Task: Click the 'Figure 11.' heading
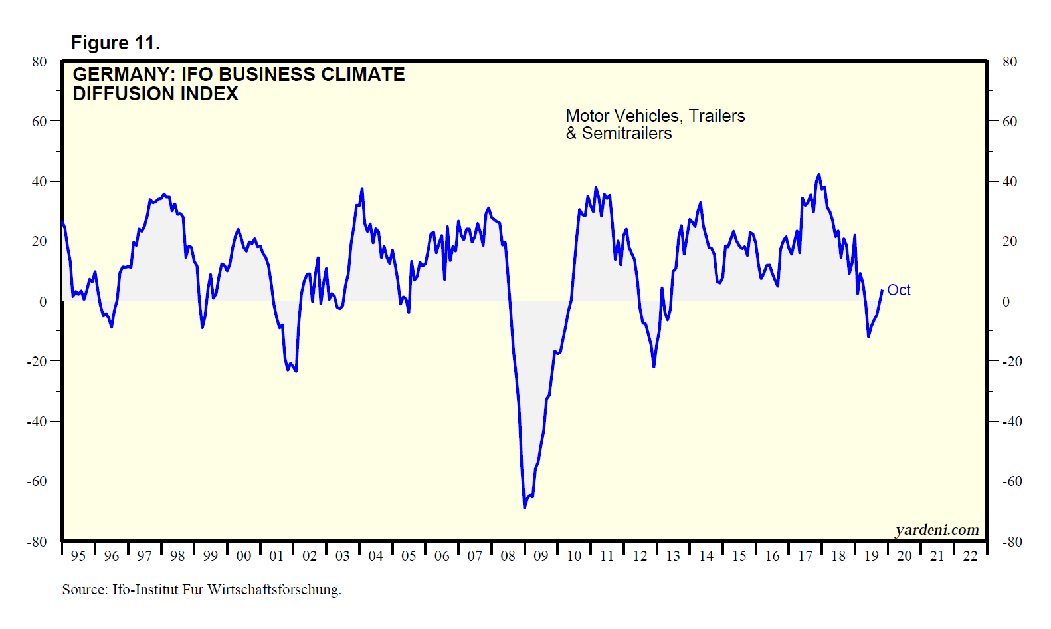[116, 43]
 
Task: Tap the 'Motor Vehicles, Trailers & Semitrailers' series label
[655, 124]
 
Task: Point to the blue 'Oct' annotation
[898, 290]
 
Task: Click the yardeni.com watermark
[937, 529]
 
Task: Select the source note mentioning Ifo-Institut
[201, 590]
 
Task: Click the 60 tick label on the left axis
[39, 122]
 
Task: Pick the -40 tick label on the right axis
[1012, 422]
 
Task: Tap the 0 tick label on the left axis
[43, 301]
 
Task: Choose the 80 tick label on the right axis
[1010, 62]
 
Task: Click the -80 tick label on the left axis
[37, 542]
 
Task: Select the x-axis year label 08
[508, 556]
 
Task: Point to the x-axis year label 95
[78, 556]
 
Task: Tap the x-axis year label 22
[970, 556]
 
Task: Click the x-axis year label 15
[739, 556]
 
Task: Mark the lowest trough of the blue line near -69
[524, 507]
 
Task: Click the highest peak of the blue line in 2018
[818, 175]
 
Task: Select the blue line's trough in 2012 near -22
[654, 366]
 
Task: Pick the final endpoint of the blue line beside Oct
[882, 291]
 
